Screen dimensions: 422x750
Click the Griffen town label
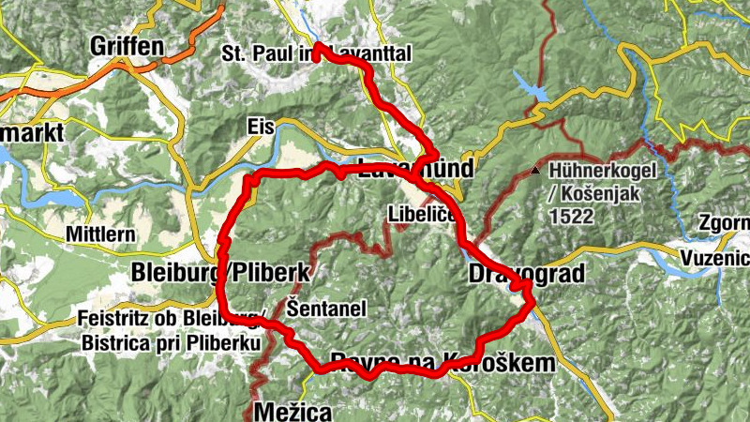point(127,46)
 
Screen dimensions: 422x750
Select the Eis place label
point(259,127)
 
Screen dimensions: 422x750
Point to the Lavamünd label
point(415,169)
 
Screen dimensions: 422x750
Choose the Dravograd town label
point(525,274)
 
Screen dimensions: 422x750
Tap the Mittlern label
point(101,234)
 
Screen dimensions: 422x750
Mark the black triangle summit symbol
point(534,171)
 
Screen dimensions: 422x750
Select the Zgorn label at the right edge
point(723,223)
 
